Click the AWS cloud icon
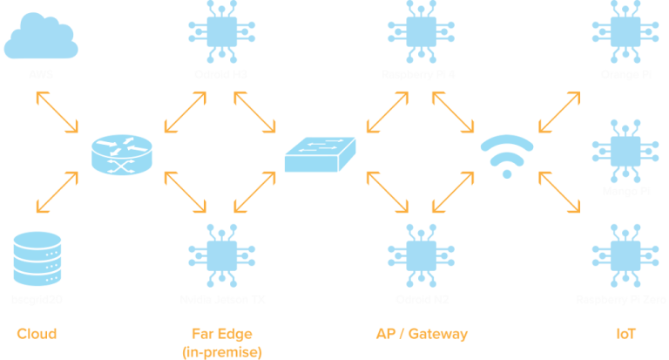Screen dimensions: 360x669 (41, 37)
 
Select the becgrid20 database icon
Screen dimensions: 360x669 (37, 259)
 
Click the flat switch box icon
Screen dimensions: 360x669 (321, 155)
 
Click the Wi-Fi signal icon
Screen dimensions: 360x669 (507, 155)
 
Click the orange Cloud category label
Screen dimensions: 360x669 (37, 334)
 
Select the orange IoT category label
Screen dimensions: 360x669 (626, 334)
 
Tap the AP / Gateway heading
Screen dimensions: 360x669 (422, 334)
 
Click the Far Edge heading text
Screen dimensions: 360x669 (221, 334)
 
